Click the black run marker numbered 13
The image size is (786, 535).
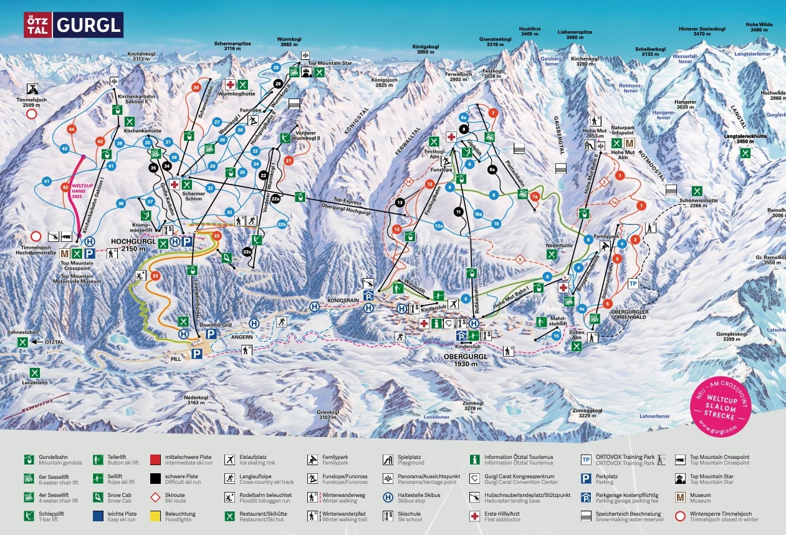pos(400,202)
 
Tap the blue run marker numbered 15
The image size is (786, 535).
pos(556,337)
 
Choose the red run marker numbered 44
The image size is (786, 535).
pos(72,129)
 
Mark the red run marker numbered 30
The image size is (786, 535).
pos(196,88)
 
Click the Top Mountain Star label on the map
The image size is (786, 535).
pos(330,63)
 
